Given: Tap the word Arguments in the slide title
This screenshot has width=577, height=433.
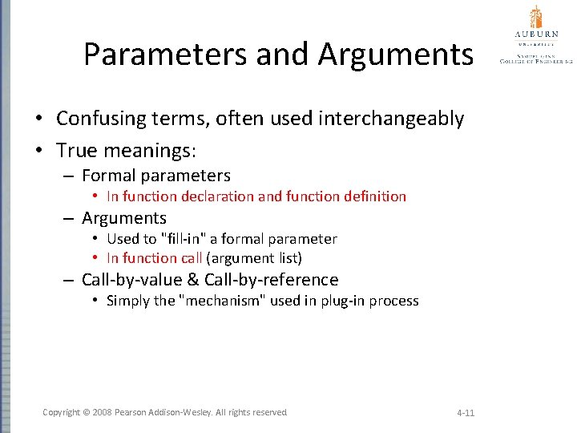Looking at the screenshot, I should [x=395, y=55].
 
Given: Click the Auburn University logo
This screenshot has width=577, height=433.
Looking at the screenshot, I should [x=535, y=35].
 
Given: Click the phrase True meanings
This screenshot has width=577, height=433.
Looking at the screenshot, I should [x=126, y=150].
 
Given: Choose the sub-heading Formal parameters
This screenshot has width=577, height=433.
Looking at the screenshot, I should [x=155, y=176].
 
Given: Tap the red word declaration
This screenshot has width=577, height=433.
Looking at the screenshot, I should [x=218, y=196].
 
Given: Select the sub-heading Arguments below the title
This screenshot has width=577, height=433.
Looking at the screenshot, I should [x=123, y=218].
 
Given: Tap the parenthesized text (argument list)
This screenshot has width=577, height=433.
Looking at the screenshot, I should [x=254, y=258].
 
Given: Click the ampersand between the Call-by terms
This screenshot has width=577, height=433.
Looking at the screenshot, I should [x=193, y=280].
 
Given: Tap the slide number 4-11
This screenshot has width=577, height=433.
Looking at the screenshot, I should [x=466, y=413].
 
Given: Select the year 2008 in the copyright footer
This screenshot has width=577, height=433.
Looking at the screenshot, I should [x=103, y=412].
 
